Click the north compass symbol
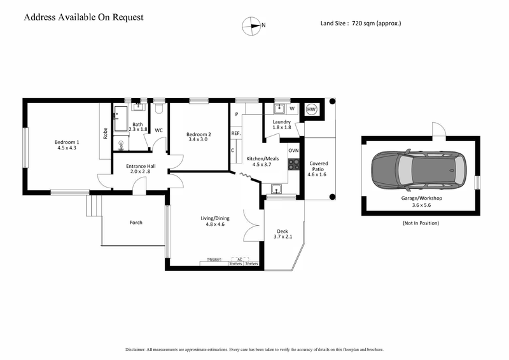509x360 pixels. (x=251, y=25)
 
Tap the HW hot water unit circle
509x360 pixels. (x=312, y=109)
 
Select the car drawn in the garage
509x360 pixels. (x=418, y=170)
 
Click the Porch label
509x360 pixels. (x=136, y=223)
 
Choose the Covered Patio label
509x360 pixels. (x=318, y=167)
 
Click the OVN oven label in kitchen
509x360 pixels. (x=293, y=150)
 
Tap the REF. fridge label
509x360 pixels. (x=235, y=134)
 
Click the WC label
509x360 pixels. (x=159, y=130)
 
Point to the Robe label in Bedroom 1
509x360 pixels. (x=106, y=134)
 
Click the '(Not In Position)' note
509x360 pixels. (x=420, y=223)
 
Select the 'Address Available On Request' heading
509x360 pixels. (x=83, y=17)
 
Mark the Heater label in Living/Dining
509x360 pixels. (x=214, y=260)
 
